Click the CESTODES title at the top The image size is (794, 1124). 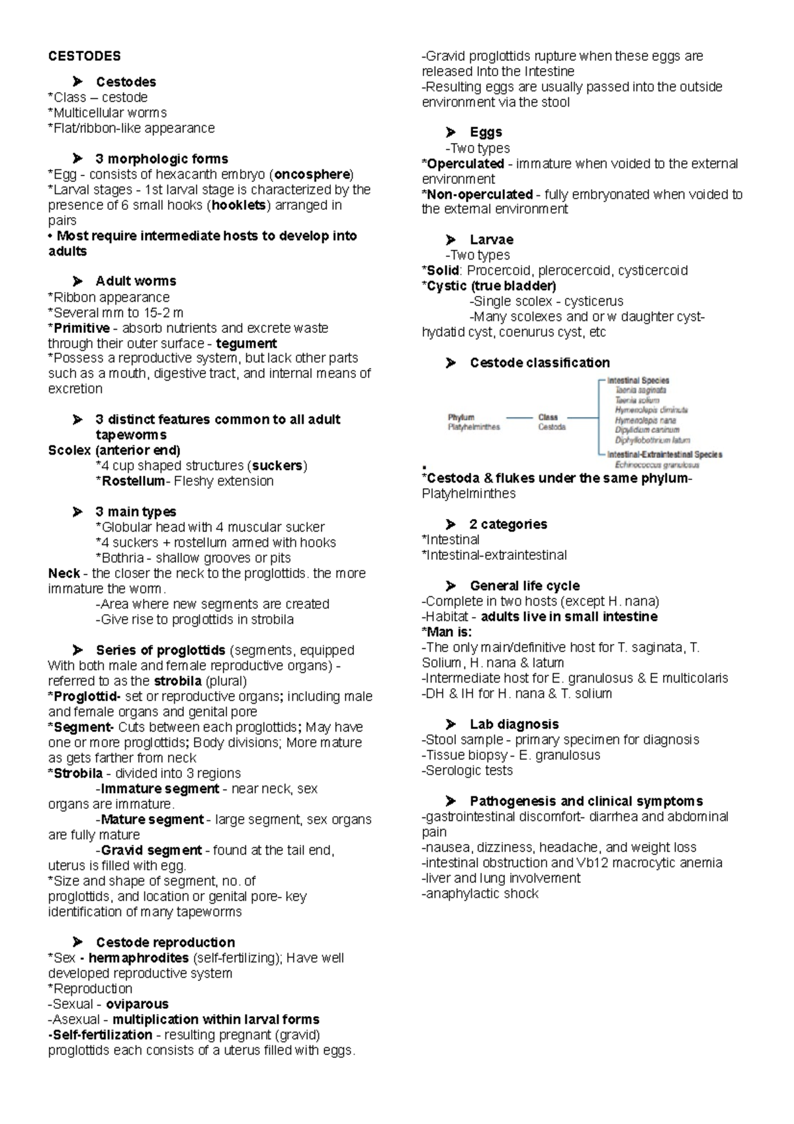(x=84, y=56)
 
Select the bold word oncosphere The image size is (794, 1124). (x=312, y=175)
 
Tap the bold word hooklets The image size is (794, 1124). (x=238, y=205)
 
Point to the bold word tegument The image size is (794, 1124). (x=246, y=344)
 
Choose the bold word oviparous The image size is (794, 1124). (x=137, y=1004)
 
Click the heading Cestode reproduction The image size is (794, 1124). (x=165, y=943)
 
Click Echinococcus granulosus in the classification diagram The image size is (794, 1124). (x=657, y=465)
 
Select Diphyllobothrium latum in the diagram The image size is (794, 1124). (x=652, y=440)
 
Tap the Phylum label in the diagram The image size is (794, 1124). (x=461, y=417)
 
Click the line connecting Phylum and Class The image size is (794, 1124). (x=519, y=418)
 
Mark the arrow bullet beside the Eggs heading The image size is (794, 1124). (x=451, y=132)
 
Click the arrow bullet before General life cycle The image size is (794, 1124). (x=451, y=586)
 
